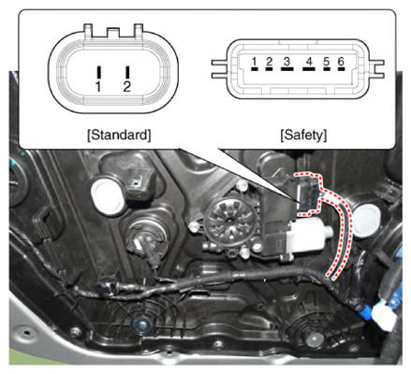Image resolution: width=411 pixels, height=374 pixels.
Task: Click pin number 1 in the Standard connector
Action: coord(99,72)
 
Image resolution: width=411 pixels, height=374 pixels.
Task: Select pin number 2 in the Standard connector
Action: coord(127,72)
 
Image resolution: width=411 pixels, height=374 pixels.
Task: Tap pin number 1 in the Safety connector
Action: coord(255,69)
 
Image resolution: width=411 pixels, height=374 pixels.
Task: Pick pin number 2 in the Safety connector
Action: coord(269,69)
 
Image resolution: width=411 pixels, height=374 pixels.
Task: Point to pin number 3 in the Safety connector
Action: coord(287,69)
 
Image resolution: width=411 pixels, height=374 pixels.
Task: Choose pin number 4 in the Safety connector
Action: coord(309,69)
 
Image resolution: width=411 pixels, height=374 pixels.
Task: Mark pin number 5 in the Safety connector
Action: coord(327,69)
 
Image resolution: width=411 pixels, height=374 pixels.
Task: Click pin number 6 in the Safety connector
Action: coord(341,69)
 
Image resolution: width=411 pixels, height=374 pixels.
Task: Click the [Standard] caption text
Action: coord(119,135)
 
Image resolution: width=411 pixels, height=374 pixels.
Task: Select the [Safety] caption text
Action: coord(303,135)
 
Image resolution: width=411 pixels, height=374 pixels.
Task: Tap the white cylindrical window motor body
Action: coord(307,235)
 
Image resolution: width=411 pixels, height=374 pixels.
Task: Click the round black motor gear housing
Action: coord(230,222)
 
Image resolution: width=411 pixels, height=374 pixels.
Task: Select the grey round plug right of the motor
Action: coord(367,220)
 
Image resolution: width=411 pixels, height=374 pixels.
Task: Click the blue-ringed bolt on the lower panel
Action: coord(142,324)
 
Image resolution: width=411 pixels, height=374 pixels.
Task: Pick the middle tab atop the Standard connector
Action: coord(113,33)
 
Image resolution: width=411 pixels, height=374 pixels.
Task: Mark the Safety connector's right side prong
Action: coord(376,69)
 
